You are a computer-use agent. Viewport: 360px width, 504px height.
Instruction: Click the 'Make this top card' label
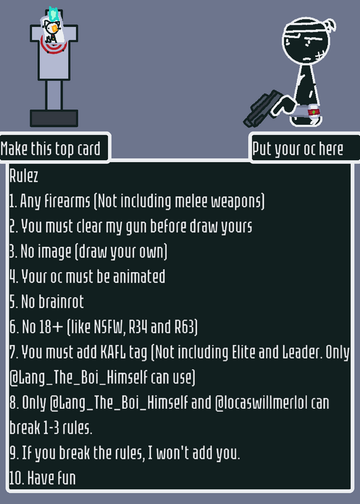click(50, 149)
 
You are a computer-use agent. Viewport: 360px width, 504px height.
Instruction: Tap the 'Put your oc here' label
click(298, 149)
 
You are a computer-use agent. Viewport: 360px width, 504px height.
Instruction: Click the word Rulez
click(24, 176)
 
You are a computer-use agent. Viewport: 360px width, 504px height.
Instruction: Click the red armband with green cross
click(313, 112)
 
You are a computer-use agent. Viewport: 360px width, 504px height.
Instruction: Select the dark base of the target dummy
click(54, 118)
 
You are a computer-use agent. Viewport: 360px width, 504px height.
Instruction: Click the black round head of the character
click(306, 41)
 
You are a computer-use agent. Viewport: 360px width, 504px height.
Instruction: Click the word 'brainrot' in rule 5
click(61, 302)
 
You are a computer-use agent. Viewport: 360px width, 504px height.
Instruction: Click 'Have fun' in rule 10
click(52, 478)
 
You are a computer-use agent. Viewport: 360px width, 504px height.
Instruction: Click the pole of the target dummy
click(54, 95)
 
